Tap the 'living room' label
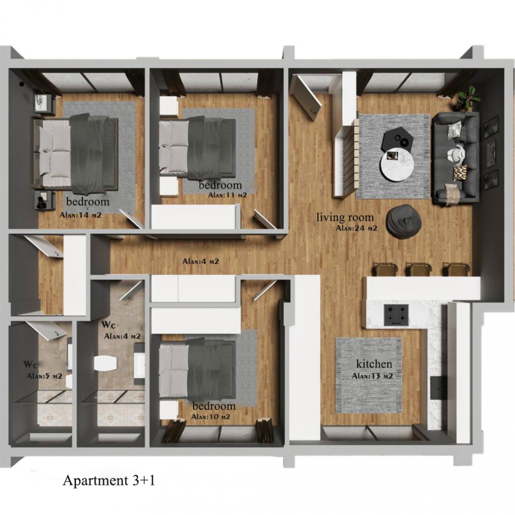tap(345, 217)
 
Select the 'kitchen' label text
tap(374, 364)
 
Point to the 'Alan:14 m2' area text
tap(80, 215)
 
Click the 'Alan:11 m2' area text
tap(227, 195)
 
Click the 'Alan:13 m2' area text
tap(372, 376)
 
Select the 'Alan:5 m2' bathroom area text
tap(44, 376)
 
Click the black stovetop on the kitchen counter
tap(397, 315)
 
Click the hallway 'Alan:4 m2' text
tap(201, 261)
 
